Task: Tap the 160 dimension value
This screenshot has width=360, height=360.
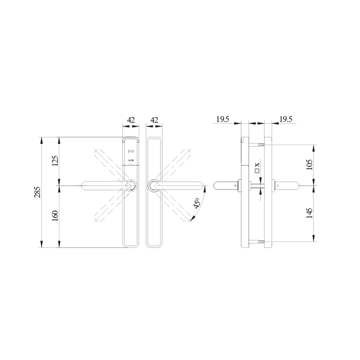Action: [x=55, y=216]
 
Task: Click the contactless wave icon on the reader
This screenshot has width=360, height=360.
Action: [x=130, y=152]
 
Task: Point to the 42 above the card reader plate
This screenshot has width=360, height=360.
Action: [x=131, y=120]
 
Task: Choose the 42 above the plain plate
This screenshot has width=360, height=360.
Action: [x=154, y=120]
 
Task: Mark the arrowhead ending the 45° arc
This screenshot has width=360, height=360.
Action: [x=194, y=217]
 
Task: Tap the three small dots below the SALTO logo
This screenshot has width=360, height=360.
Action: [x=130, y=165]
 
